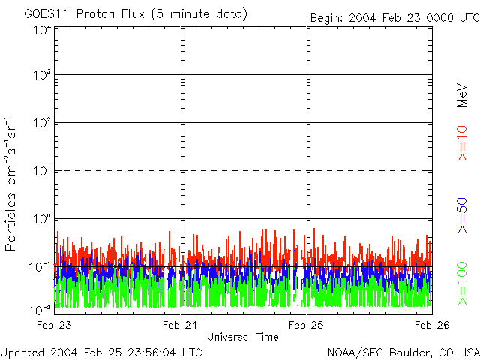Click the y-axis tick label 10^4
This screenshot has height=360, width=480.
coord(42,29)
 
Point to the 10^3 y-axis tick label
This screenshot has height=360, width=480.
coord(42,75)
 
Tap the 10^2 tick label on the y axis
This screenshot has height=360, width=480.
coord(42,123)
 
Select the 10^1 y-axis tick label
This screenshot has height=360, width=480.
coord(42,171)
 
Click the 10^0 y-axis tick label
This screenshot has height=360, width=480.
coord(42,219)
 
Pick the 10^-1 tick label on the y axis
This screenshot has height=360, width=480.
coord(40,267)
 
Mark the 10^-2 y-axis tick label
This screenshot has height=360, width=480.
coord(40,309)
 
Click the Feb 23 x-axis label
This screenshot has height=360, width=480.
coord(55,325)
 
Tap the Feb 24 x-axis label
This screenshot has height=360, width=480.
coord(180,325)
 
